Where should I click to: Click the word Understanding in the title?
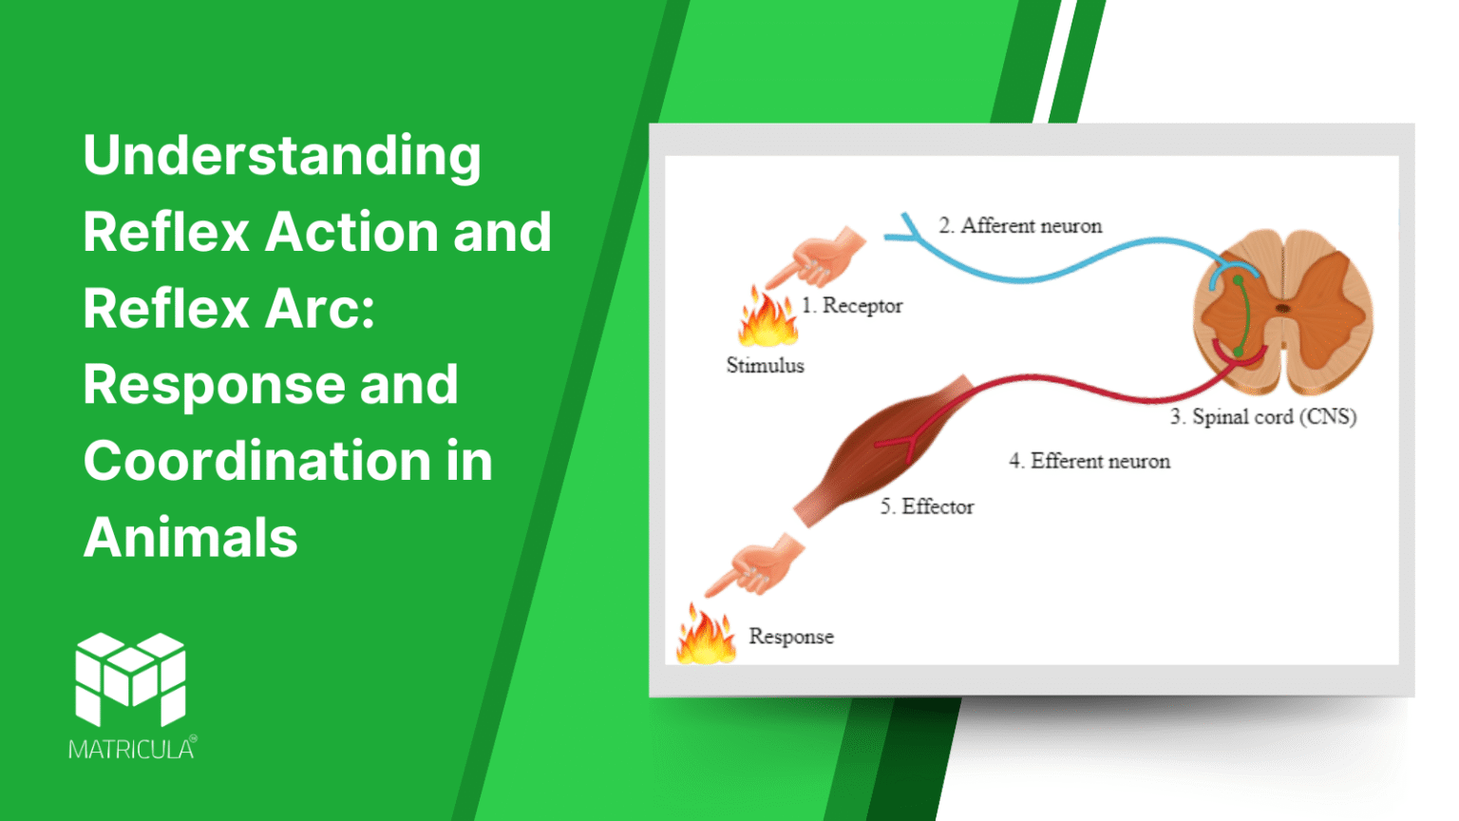point(282,156)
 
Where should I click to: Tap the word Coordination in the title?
point(257,461)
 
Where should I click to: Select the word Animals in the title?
point(190,538)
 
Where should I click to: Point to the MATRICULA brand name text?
point(131,750)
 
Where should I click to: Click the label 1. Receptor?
point(852,306)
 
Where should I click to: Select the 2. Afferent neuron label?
point(1020,226)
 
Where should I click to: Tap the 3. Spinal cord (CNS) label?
point(1262,417)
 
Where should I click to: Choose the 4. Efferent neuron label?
point(1089,462)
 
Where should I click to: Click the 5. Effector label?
point(926,507)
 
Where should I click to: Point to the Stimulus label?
point(765,366)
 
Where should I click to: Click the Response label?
point(790,637)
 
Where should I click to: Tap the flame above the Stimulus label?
point(767,319)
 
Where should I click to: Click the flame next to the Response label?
point(706,636)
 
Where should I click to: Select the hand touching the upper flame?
point(818,258)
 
